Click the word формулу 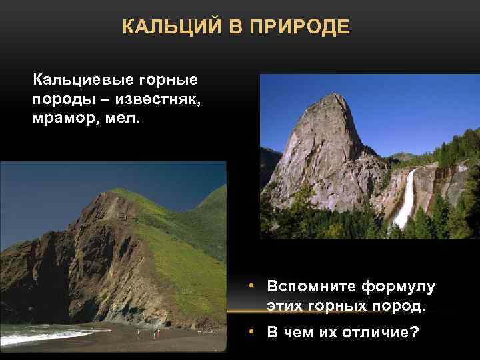(x=398, y=287)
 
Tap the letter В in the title (x=232, y=28)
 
